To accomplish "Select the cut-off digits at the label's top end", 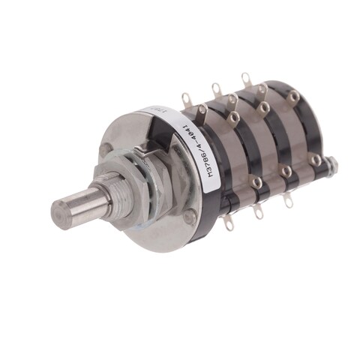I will (156, 109).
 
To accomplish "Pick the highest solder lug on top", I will (245, 78).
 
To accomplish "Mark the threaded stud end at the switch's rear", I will (330, 163).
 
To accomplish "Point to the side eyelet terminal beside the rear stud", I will (316, 159).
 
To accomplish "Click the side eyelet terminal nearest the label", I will (257, 181).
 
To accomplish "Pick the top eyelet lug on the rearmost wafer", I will (294, 96).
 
